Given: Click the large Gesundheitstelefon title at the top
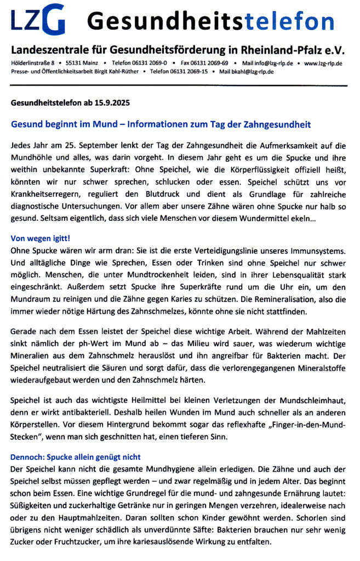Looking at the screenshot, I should tap(211, 21).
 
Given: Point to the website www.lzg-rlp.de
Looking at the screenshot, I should tap(324, 64).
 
